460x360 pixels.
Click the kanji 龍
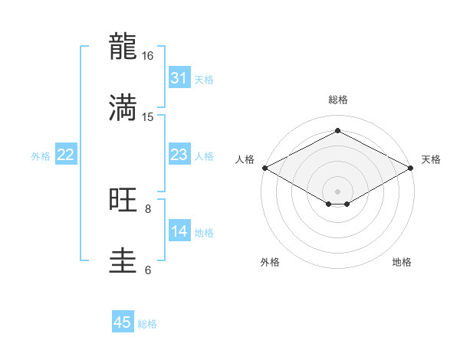point(124,47)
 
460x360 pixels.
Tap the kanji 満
point(124,108)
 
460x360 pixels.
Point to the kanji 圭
point(124,260)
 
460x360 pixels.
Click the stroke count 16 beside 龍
point(148,56)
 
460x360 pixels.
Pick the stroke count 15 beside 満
point(148,116)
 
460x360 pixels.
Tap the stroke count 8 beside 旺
point(148,208)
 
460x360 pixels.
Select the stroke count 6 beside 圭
point(148,270)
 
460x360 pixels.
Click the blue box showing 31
point(179,78)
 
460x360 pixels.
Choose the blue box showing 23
point(179,155)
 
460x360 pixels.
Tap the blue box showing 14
point(179,231)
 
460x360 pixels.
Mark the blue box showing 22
point(66,155)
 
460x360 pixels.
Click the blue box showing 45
point(123,322)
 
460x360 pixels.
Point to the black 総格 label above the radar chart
point(338,100)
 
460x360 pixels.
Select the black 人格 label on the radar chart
point(245,159)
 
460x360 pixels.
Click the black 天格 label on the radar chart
point(432,159)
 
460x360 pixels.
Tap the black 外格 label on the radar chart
point(270,262)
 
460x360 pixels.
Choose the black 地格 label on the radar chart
point(402,262)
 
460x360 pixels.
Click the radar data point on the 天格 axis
point(412,168)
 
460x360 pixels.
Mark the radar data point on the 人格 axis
point(264,168)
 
